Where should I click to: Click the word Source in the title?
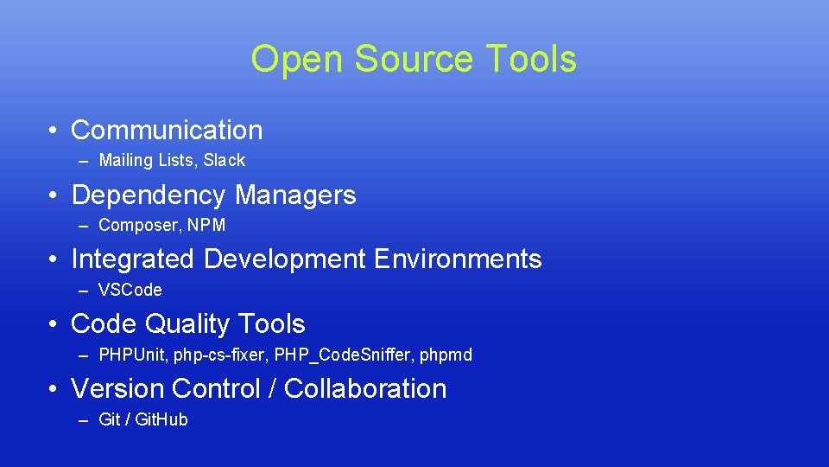413,60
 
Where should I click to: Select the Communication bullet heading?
167,131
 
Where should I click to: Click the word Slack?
225,161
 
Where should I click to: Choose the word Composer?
135,226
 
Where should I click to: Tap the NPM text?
207,226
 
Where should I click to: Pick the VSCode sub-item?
130,291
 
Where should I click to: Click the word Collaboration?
365,389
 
